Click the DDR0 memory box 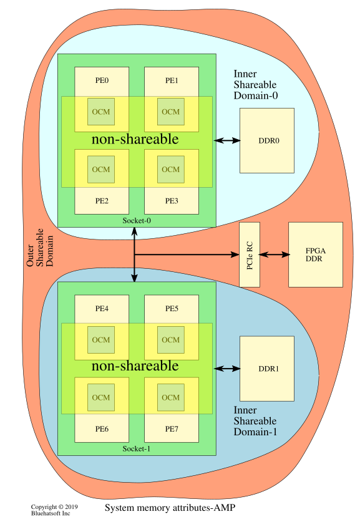pos(267,140)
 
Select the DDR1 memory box pos(267,369)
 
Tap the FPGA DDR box pos(315,254)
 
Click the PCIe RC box pos(250,254)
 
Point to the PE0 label pos(102,80)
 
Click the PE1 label pos(172,80)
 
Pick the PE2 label pos(102,201)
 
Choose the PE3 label pos(172,201)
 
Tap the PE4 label pos(102,309)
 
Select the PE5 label pos(172,309)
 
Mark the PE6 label pos(102,429)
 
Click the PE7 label pos(172,429)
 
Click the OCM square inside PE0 pos(101,112)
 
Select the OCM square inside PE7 pos(170,397)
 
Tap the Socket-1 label pos(137,449)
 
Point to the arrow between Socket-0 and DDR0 pos(227,140)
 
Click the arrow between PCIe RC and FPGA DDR pos(275,254)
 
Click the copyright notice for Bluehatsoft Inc pos(51,510)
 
